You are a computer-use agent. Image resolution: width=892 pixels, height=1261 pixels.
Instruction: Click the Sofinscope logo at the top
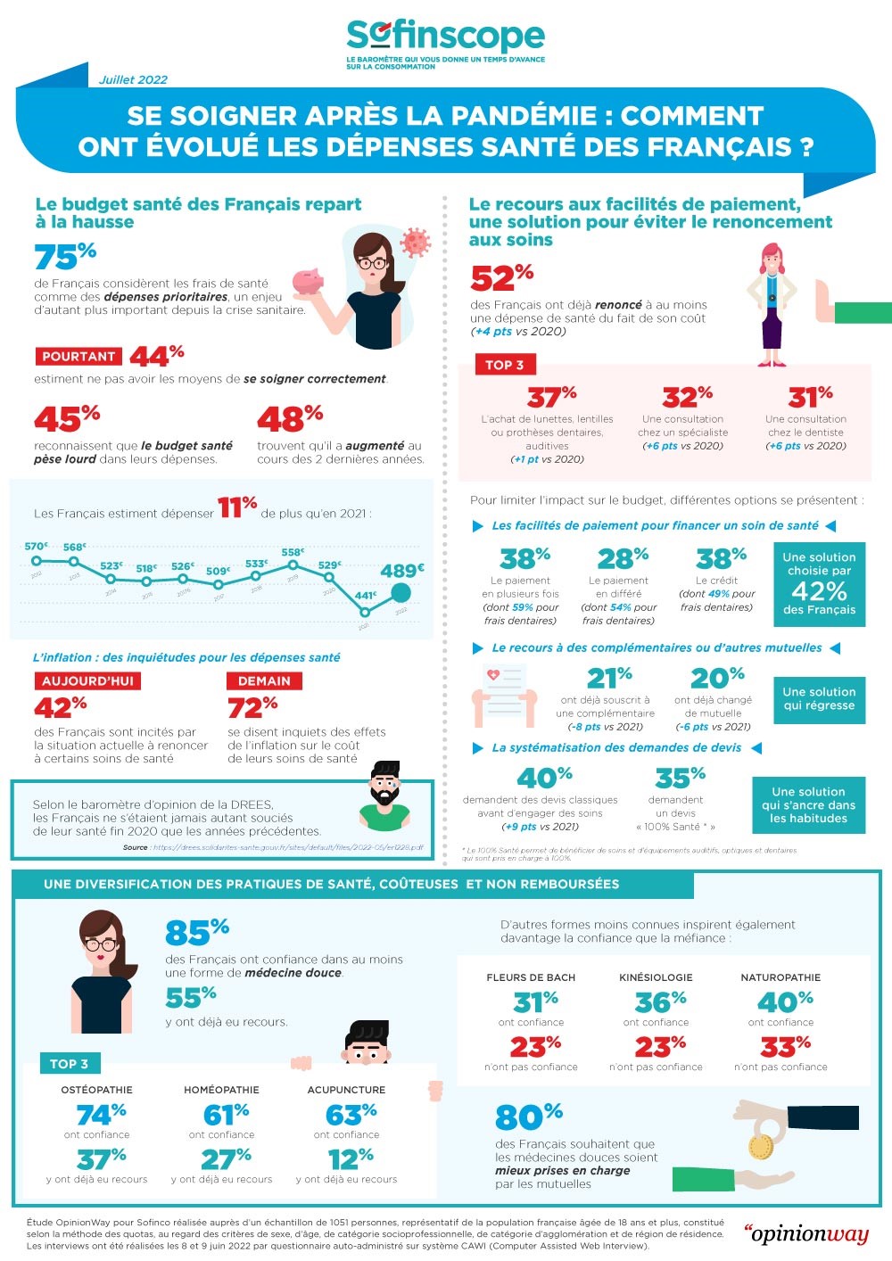click(x=445, y=37)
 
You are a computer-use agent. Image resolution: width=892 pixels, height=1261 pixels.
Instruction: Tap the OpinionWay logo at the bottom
click(x=805, y=1233)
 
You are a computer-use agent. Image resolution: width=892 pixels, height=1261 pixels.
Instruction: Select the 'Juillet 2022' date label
click(x=134, y=79)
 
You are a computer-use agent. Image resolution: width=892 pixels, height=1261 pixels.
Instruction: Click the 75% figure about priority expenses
click(x=65, y=257)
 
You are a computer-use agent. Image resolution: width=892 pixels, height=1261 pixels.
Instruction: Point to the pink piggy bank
click(x=309, y=282)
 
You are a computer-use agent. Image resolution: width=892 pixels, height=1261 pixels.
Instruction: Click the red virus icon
click(x=415, y=242)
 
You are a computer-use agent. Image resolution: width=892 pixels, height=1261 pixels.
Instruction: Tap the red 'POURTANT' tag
click(x=78, y=356)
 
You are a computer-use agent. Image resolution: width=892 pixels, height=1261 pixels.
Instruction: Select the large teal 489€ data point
click(x=401, y=593)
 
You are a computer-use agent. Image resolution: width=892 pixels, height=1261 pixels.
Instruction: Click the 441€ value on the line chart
click(x=365, y=596)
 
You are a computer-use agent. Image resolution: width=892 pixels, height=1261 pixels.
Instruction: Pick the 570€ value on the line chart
click(x=36, y=546)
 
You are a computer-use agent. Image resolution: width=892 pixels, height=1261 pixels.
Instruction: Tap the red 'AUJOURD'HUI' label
click(x=87, y=680)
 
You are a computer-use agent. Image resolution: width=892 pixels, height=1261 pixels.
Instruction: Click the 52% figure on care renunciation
click(x=501, y=278)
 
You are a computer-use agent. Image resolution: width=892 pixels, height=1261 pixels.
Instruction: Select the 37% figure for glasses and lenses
click(x=551, y=396)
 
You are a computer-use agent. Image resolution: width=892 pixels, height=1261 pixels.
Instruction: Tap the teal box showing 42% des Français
click(x=819, y=583)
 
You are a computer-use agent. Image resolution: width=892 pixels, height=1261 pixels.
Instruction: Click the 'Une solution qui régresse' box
click(x=819, y=698)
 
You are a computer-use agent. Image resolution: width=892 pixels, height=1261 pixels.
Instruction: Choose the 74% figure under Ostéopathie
click(x=100, y=1115)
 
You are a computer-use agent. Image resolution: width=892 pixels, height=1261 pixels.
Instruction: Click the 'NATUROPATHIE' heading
click(x=780, y=977)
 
